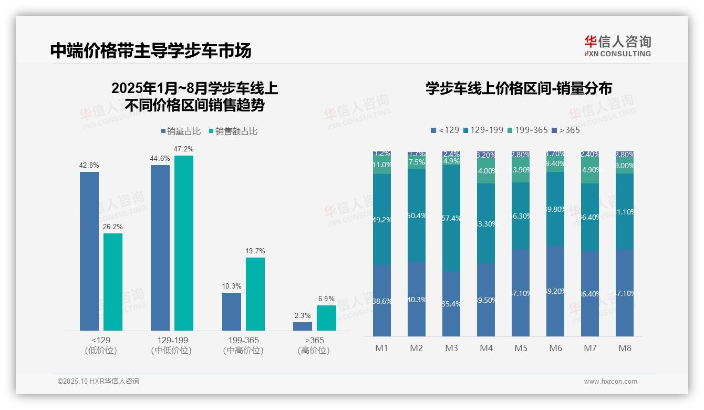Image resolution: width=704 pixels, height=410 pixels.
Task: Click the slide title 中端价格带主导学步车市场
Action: click(151, 50)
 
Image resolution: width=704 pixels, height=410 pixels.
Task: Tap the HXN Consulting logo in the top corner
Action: click(617, 46)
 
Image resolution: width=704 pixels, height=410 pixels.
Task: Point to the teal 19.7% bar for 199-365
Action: click(255, 294)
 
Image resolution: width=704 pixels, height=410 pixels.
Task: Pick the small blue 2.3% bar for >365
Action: click(302, 326)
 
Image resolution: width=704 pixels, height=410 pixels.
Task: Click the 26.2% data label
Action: click(113, 227)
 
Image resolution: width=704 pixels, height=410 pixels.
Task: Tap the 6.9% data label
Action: click(326, 299)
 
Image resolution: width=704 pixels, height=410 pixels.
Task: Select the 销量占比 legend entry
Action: click(181, 131)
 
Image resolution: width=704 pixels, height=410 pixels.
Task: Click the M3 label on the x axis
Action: click(451, 348)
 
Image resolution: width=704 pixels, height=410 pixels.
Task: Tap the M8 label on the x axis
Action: click(625, 348)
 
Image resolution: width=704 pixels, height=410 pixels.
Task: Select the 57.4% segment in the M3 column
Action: click(451, 218)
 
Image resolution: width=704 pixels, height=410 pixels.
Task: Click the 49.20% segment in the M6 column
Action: click(555, 291)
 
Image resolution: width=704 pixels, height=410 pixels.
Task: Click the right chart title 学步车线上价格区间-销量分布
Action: click(519, 88)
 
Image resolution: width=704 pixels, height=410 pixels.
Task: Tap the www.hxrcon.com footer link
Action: click(610, 382)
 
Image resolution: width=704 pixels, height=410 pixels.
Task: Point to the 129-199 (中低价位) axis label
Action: click(172, 345)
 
